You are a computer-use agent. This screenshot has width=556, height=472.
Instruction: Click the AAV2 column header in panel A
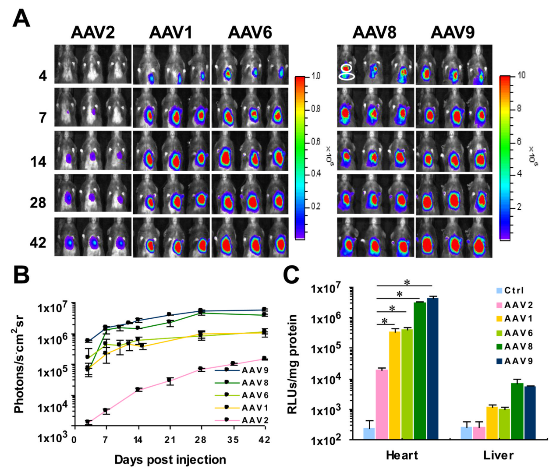[93, 33]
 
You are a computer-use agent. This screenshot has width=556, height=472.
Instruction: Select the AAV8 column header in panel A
[375, 33]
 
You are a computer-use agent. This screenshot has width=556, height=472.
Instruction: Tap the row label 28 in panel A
[38, 203]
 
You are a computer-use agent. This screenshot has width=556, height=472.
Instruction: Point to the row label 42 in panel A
[38, 242]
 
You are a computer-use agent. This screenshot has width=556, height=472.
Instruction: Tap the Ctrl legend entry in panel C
[514, 290]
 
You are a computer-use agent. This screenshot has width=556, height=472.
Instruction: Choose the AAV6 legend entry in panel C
[518, 333]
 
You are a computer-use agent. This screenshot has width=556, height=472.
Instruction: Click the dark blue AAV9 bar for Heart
[432, 368]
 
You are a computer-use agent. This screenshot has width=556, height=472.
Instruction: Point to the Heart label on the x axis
[402, 455]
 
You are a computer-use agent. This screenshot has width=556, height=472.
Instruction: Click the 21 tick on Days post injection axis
[170, 440]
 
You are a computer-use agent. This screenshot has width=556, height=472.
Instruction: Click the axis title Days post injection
[170, 460]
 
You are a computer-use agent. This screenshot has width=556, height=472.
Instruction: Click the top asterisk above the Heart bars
[407, 283]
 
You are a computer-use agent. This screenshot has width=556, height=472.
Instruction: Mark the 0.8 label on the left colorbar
[315, 109]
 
